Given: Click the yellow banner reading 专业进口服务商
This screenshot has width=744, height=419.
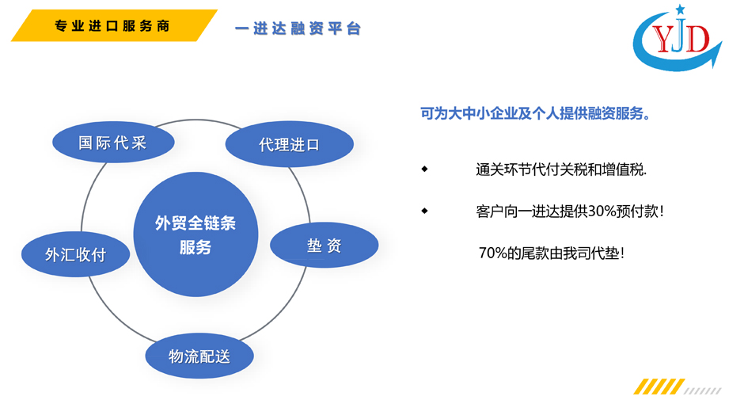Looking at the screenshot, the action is point(114,25).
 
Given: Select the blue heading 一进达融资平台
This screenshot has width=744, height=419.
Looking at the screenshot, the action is point(298,29).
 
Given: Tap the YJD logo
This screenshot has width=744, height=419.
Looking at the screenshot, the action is point(678,38).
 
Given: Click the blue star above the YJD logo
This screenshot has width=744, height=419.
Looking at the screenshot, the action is point(681,9).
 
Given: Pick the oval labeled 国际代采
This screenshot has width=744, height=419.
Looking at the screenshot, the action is point(113,142).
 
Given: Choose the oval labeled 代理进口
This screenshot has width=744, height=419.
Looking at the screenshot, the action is point(290,144).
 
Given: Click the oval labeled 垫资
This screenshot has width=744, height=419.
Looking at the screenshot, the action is point(324,245).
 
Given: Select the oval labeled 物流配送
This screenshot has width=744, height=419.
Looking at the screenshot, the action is point(199,356).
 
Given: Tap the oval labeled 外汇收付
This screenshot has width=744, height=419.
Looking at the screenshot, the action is point(75,254).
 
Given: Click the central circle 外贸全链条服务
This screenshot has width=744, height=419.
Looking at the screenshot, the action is point(195,234).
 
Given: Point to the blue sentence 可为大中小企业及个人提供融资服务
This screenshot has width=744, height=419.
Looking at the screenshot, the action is point(536,113).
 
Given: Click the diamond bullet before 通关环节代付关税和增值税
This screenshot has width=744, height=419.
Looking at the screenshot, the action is point(425,169).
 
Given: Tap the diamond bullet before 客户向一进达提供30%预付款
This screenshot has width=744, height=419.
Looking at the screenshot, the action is point(425,211).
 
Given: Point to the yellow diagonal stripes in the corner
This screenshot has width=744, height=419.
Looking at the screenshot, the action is point(659,387).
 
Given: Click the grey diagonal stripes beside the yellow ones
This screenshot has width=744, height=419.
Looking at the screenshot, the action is point(703,391).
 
